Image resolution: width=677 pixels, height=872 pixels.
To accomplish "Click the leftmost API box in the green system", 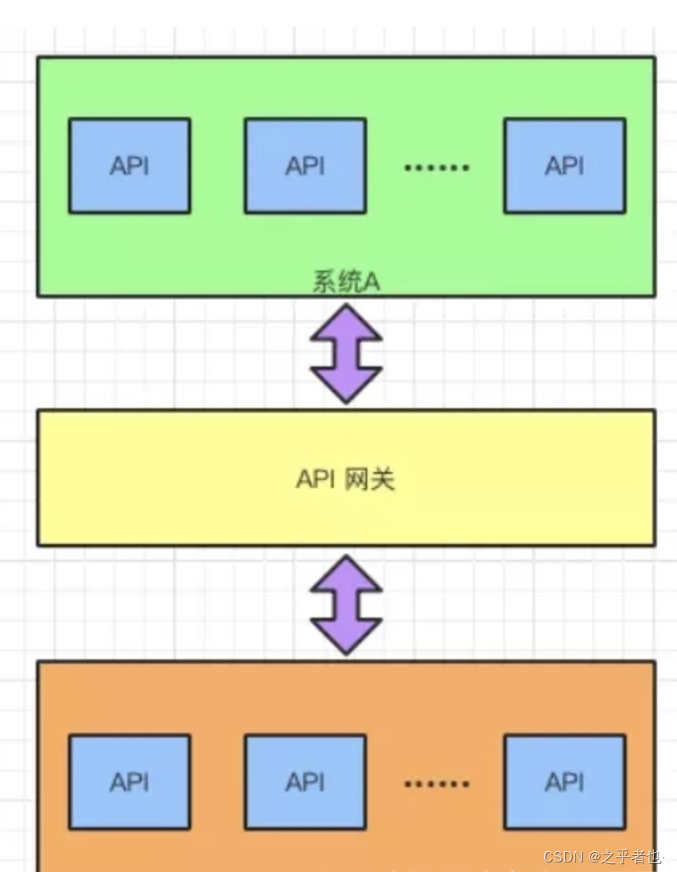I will coord(129,166).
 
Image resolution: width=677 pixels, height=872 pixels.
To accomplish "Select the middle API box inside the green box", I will coord(305,166).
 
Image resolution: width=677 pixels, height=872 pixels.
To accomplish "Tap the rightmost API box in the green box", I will coord(564,166).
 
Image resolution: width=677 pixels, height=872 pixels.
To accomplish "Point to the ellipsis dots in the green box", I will coord(436,167).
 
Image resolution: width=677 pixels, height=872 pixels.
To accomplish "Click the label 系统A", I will coord(345,283).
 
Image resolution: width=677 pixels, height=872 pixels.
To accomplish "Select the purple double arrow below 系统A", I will coord(347,352).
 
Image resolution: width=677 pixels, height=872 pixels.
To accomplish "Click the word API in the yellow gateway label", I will coord(314,479).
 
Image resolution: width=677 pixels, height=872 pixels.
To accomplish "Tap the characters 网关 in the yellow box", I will coord(370,479).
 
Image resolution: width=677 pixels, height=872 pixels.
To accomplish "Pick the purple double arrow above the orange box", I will coord(347,604).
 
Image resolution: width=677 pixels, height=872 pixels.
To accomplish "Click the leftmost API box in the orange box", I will coord(129,782).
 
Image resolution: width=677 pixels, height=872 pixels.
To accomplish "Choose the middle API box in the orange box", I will coord(305,782).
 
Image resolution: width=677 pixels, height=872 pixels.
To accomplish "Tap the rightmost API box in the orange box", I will coord(564,782).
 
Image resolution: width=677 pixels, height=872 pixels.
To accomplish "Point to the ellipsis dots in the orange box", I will coord(436,784).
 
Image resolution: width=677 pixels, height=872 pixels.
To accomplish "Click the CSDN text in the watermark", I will coord(563,857).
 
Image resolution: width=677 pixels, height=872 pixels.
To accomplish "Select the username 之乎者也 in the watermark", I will coord(631,857).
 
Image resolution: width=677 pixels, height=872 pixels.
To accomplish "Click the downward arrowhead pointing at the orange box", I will coord(347,636).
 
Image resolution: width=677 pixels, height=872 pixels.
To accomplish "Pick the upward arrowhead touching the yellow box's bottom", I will coord(347,573).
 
